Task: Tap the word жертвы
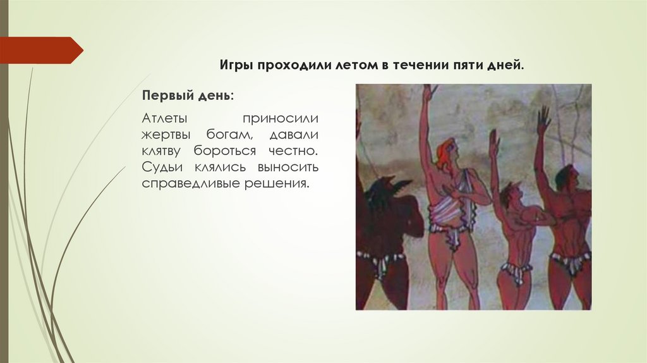[167, 135]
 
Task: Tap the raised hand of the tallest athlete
[430, 93]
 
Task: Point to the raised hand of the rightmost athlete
[543, 120]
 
